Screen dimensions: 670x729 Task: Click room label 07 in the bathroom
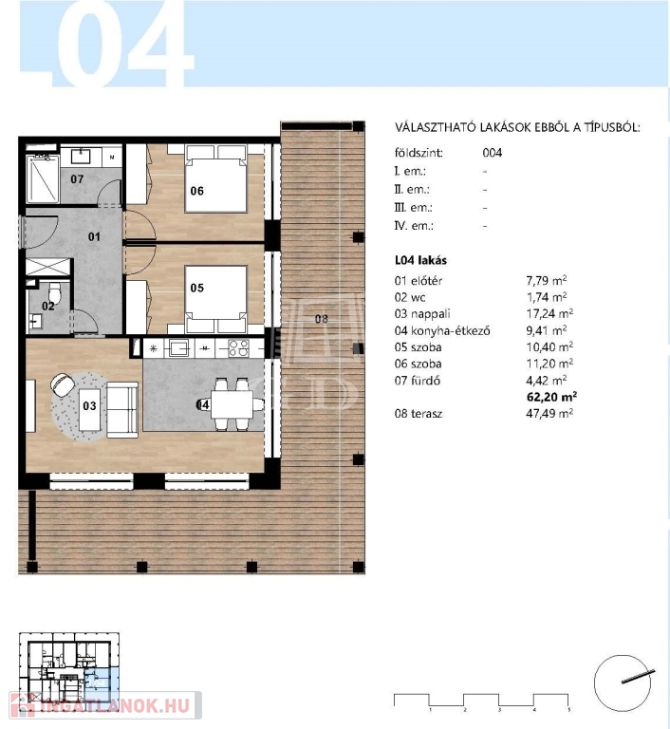click(x=77, y=178)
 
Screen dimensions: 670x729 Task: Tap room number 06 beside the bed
click(x=196, y=191)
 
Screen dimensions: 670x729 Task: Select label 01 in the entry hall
click(x=94, y=236)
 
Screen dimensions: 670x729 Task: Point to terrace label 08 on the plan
click(x=322, y=319)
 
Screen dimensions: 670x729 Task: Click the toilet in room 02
click(x=54, y=292)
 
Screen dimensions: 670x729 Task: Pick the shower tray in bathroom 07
click(x=43, y=178)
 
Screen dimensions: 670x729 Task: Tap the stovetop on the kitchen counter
click(x=238, y=347)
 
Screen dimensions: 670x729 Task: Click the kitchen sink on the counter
click(x=179, y=347)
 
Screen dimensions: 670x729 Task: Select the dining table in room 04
click(x=232, y=404)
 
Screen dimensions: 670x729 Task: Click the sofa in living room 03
click(x=122, y=410)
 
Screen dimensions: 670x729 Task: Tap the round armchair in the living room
click(x=63, y=384)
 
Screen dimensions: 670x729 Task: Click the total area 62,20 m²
click(x=551, y=397)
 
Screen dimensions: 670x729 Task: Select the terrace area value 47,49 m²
click(x=549, y=413)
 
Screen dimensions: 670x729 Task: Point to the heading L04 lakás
click(x=420, y=260)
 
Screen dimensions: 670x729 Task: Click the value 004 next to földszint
click(x=492, y=153)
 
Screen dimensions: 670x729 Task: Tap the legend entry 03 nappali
click(x=422, y=314)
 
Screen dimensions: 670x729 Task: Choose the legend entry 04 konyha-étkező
click(x=442, y=330)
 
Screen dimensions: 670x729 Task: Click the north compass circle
click(x=622, y=683)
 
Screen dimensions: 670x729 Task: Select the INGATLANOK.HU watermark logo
click(x=105, y=706)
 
